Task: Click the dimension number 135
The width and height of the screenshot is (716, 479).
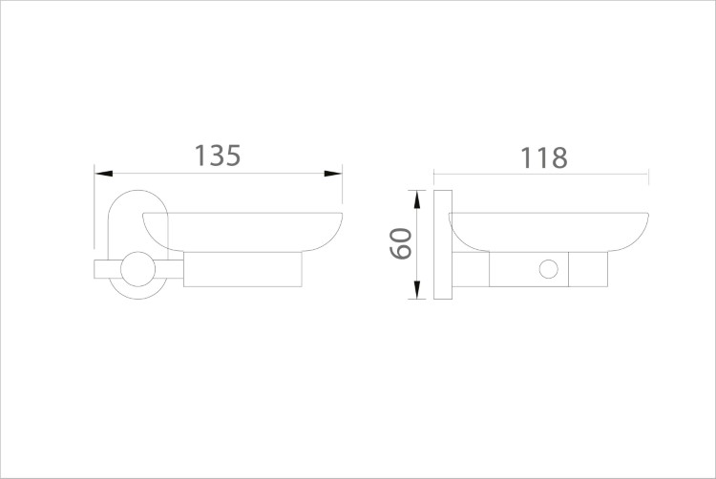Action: tap(218, 156)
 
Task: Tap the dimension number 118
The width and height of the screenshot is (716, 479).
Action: tap(544, 157)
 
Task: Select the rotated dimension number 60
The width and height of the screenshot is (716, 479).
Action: tap(401, 243)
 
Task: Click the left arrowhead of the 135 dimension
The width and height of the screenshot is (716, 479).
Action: tap(104, 174)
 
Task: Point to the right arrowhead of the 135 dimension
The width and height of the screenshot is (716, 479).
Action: tap(333, 174)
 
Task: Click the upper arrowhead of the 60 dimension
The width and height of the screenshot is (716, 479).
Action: tap(416, 199)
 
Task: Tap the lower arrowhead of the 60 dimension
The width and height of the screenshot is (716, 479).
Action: tap(416, 290)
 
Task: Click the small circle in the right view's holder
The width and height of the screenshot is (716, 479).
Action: tap(548, 269)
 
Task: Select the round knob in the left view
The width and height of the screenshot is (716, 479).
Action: tap(138, 269)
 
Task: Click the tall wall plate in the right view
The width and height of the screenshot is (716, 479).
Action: tap(443, 245)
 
